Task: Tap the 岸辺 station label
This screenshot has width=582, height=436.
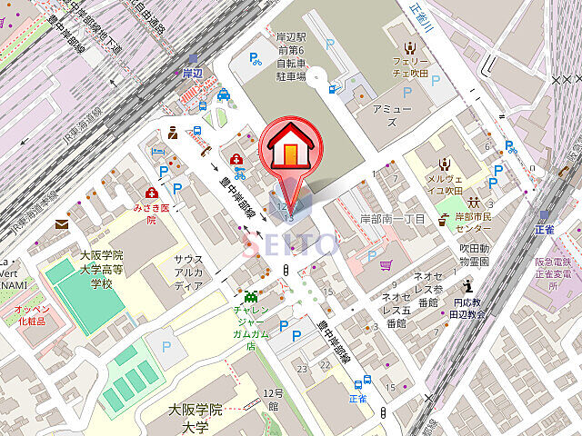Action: pos(191,73)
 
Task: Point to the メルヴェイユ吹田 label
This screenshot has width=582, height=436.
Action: pos(445,184)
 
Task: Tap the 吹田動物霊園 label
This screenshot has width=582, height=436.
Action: pos(473,254)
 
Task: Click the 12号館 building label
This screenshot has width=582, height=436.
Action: pos(270,399)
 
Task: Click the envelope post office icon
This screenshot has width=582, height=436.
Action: pos(61,223)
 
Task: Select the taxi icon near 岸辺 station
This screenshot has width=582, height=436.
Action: pos(224,95)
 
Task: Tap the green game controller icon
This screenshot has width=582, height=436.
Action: pos(250,295)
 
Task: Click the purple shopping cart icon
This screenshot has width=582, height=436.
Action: pos(386,265)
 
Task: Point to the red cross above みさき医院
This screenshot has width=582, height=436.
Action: pos(151,193)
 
